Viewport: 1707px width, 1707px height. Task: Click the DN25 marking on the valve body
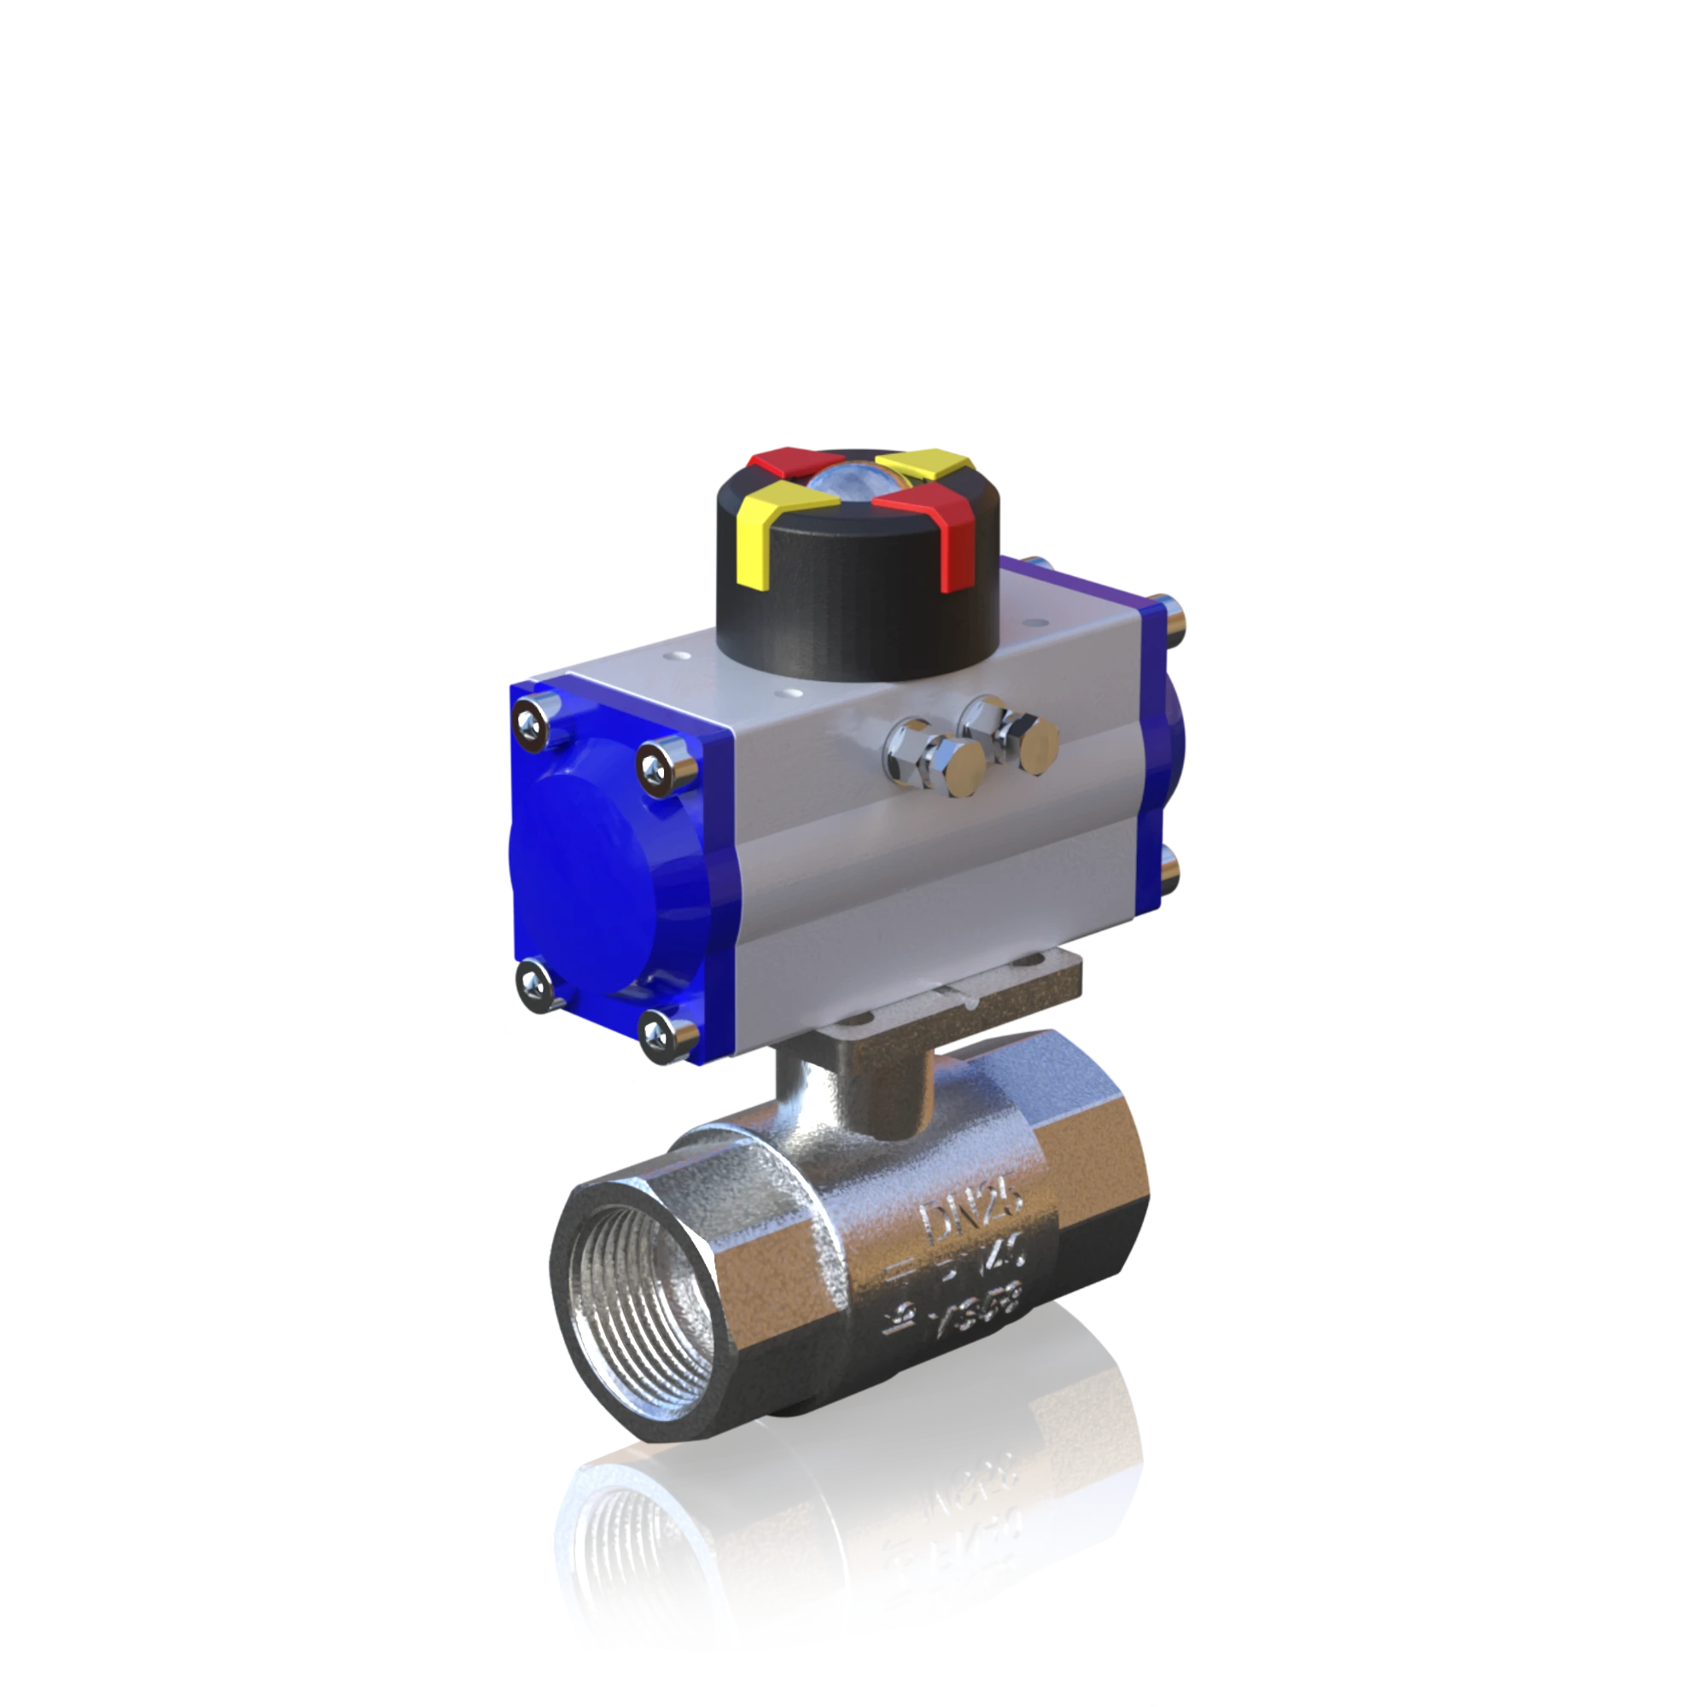(x=972, y=1213)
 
